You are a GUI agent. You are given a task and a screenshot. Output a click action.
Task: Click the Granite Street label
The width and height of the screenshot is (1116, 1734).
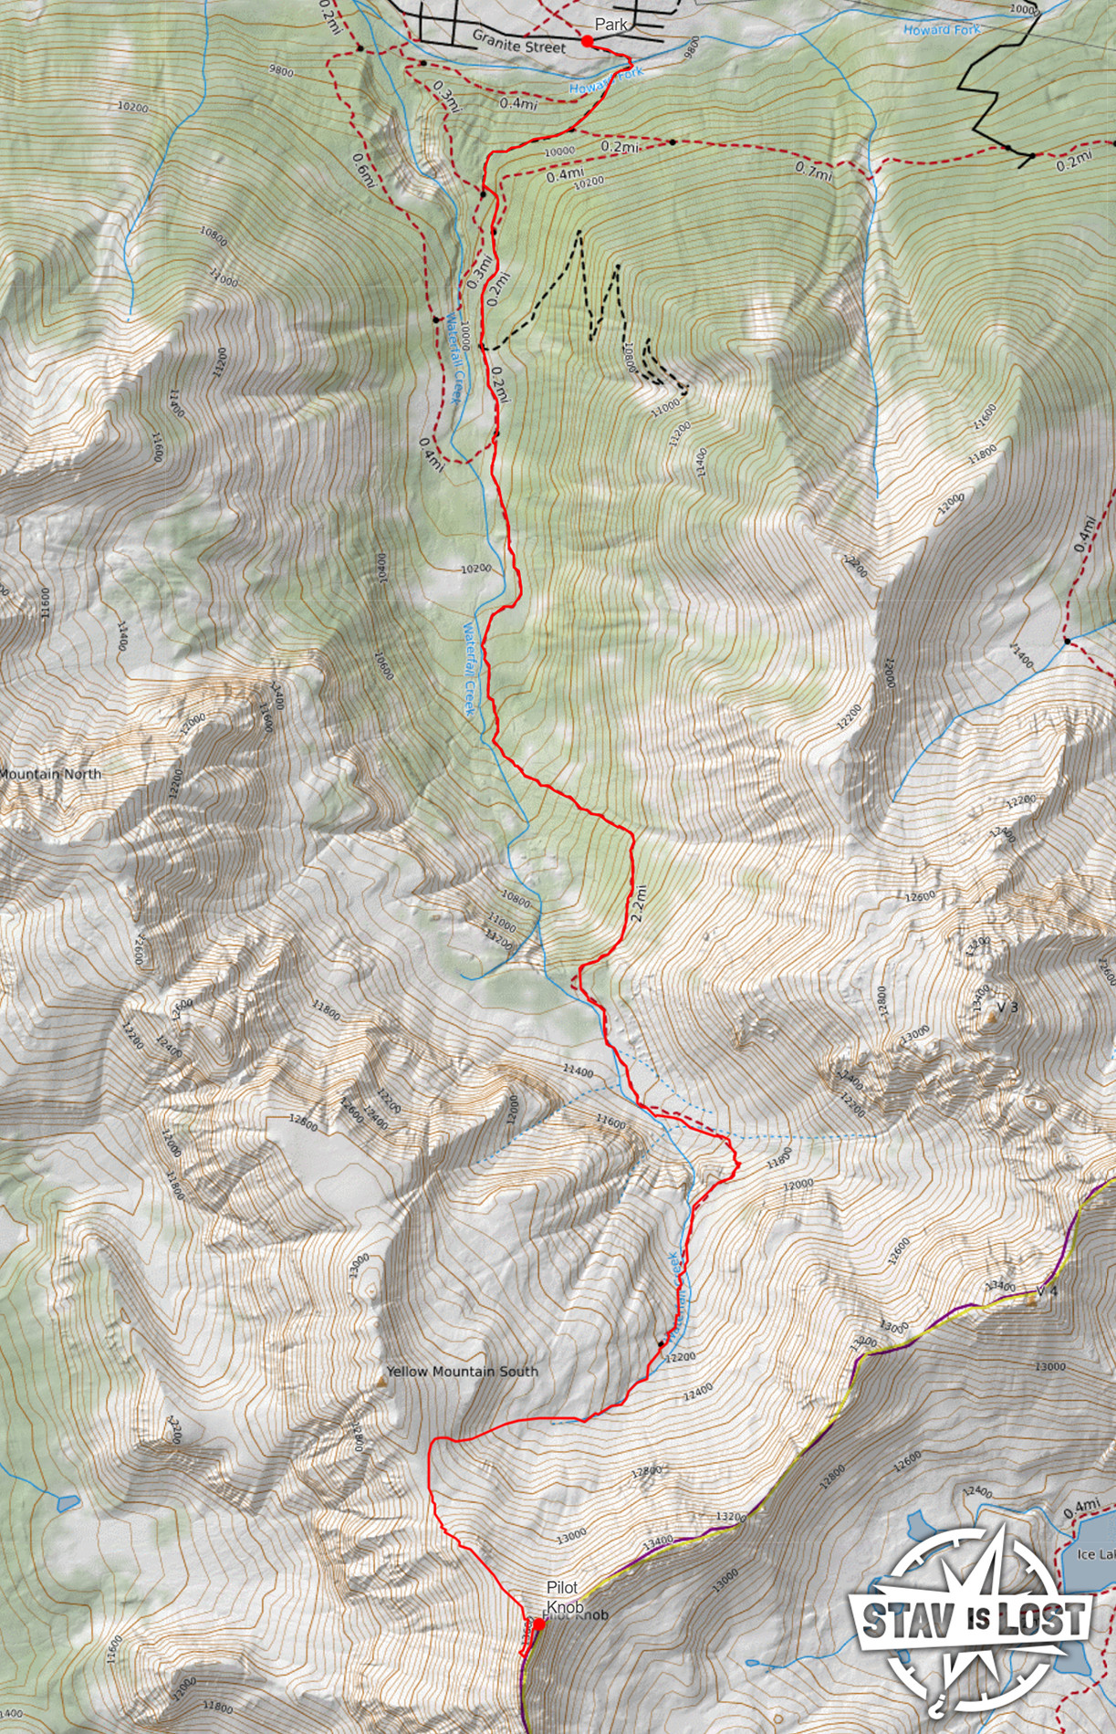[x=518, y=37]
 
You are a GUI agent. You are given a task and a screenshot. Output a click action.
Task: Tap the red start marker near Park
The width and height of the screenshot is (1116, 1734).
[x=588, y=41]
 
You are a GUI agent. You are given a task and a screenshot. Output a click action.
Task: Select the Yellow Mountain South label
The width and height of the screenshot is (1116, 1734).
[x=462, y=1371]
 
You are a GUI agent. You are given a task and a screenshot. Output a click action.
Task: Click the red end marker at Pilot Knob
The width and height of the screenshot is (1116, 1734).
[x=538, y=1623]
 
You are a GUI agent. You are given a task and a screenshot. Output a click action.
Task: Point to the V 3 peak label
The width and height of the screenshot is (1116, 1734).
[x=1006, y=1007]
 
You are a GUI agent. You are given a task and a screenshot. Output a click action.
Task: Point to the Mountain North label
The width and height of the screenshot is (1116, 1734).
[x=50, y=774]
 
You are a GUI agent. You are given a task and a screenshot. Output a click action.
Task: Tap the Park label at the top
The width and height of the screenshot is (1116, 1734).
[x=610, y=25]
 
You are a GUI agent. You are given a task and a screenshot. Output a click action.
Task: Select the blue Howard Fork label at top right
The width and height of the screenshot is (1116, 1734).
[x=941, y=30]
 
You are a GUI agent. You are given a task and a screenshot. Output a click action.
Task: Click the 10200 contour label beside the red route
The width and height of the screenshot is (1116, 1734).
[x=475, y=569]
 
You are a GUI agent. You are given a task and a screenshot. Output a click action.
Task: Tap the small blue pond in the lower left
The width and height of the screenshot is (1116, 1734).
[x=67, y=1501]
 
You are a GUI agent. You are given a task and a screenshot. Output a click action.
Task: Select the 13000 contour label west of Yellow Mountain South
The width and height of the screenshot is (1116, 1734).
[x=359, y=1265]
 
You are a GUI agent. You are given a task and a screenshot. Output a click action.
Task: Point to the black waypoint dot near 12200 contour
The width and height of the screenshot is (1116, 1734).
[x=661, y=1344]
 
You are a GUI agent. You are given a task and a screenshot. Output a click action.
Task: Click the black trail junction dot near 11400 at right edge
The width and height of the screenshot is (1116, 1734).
[x=1066, y=641]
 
